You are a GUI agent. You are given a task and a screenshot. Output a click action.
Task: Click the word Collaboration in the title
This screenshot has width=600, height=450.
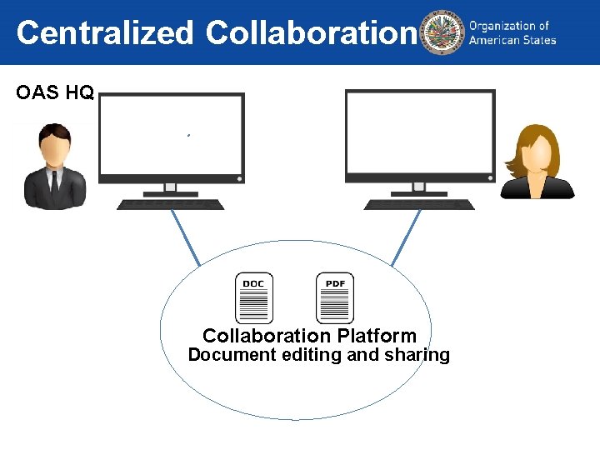(310, 33)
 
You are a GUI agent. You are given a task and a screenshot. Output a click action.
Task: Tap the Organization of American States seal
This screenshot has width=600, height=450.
(442, 33)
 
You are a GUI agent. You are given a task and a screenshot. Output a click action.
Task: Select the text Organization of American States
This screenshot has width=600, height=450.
(512, 33)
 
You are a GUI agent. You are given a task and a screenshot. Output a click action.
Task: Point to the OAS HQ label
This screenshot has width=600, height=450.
(55, 92)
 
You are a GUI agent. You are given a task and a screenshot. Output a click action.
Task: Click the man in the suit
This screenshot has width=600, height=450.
(55, 167)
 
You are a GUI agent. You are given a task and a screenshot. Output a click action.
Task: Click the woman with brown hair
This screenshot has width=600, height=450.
(537, 162)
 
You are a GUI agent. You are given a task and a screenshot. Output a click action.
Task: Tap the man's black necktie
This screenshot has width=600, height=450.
(55, 182)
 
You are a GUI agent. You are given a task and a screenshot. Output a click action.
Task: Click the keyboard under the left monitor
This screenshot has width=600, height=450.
(170, 204)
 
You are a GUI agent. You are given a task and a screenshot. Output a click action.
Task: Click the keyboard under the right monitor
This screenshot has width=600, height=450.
(419, 204)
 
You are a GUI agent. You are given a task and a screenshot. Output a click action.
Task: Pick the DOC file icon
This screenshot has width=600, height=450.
(253, 298)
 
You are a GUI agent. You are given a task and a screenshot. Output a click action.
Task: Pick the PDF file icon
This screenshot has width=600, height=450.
(335, 298)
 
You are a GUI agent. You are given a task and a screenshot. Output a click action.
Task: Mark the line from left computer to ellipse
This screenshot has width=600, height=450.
(186, 237)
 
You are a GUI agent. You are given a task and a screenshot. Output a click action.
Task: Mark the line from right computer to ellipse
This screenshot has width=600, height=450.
(406, 237)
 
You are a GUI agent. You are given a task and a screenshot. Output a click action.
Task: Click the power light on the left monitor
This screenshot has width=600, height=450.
(239, 178)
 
